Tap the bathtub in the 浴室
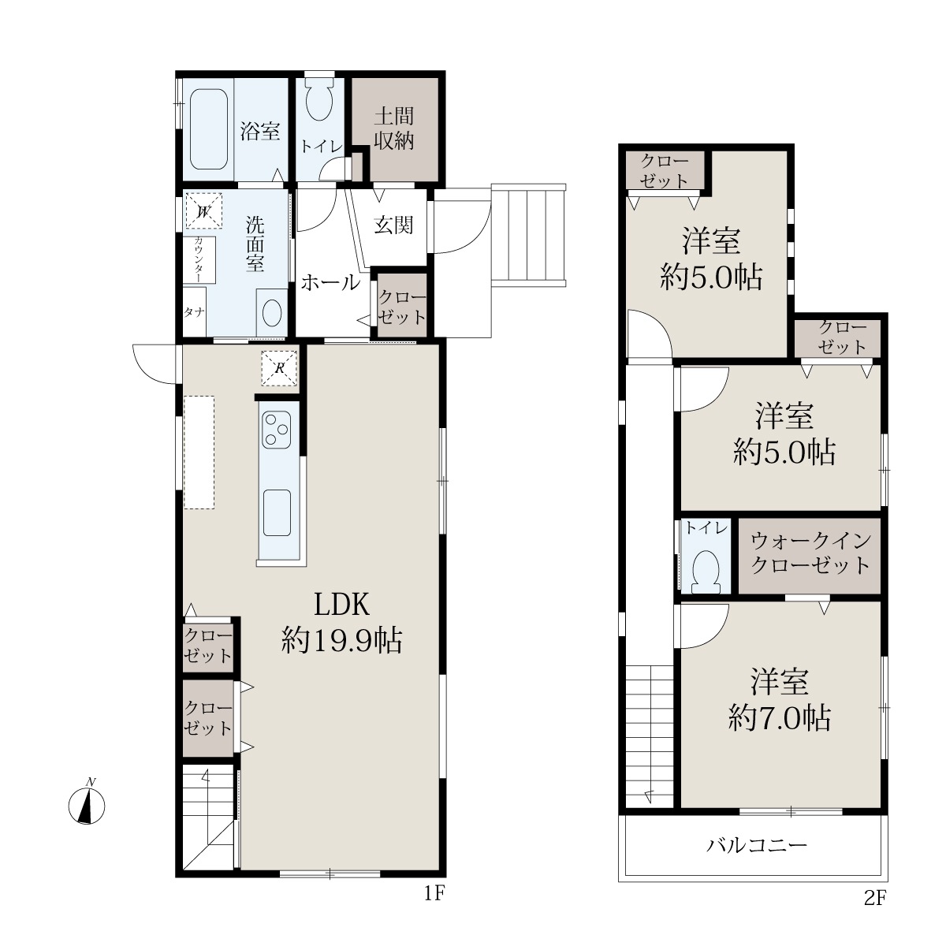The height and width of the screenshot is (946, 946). click(209, 129)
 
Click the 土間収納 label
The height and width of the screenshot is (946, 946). click(393, 128)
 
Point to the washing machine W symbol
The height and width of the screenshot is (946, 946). click(203, 211)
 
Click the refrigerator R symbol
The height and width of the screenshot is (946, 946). click(279, 367)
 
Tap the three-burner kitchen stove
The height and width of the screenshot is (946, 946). click(277, 430)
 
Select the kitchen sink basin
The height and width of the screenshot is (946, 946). click(277, 512)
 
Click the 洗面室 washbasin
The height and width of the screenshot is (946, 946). click(272, 313)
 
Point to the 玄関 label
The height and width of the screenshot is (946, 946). click(393, 225)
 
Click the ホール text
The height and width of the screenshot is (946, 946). click(330, 282)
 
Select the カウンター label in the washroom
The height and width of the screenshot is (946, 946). click(199, 259)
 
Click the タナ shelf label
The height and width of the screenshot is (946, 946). click(194, 312)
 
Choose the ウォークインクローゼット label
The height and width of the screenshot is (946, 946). click(810, 553)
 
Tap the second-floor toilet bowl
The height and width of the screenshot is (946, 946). click(706, 572)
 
